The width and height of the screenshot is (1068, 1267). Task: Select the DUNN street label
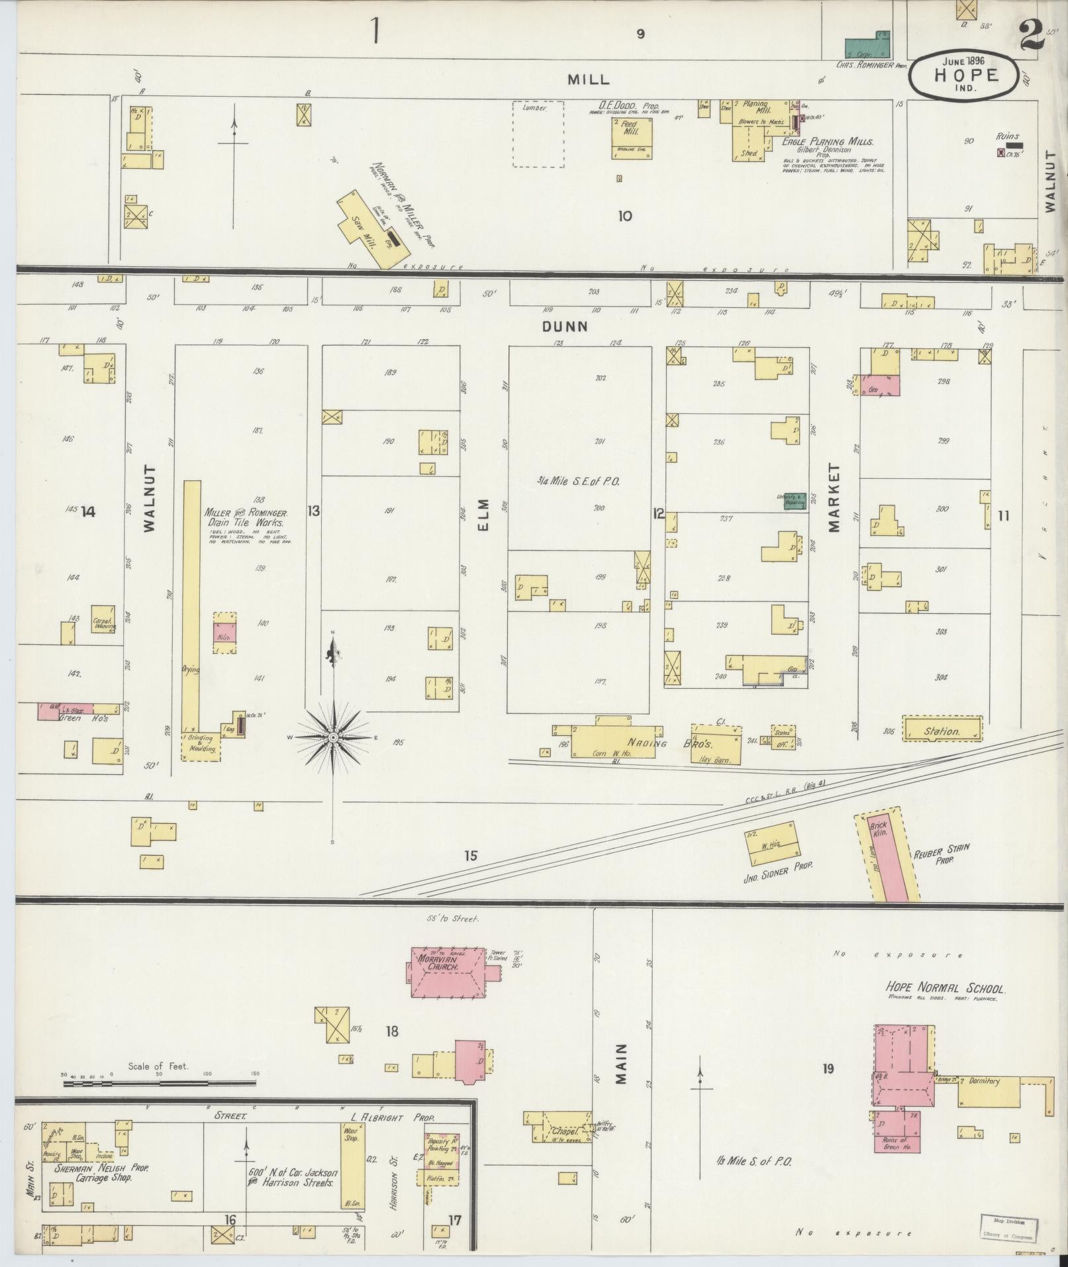[565, 326]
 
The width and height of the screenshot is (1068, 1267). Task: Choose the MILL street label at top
[588, 79]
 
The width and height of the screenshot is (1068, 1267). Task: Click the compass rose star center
[333, 737]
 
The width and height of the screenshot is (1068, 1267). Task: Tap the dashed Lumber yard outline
[538, 134]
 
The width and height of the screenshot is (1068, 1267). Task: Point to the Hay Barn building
[715, 743]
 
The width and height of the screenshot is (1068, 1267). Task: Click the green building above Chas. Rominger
[867, 46]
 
